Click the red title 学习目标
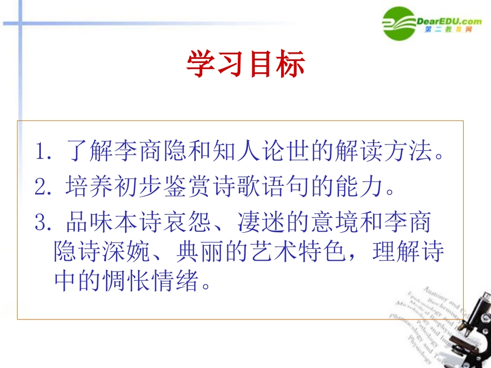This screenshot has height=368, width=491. pyautogui.click(x=245, y=65)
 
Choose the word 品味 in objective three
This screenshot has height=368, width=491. pyautogui.click(x=81, y=223)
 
